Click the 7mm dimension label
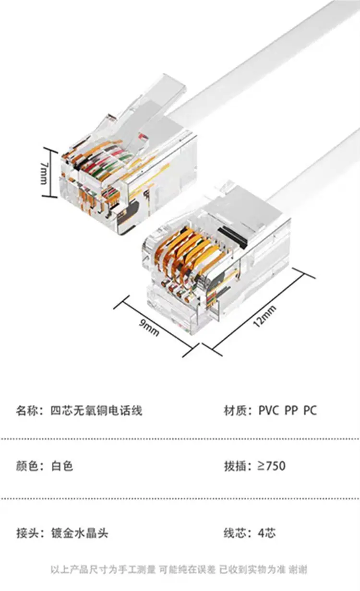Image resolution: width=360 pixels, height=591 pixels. (x=44, y=173)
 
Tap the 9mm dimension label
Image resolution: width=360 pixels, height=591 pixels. (x=149, y=328)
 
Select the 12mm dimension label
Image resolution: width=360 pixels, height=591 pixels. (x=265, y=316)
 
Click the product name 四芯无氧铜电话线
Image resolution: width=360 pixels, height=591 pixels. (x=96, y=411)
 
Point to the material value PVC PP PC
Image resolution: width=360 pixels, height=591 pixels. (x=288, y=411)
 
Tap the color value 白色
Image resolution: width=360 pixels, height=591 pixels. (x=62, y=466)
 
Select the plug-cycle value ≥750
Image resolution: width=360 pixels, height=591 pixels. (x=272, y=466)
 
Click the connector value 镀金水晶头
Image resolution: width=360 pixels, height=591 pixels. (x=80, y=533)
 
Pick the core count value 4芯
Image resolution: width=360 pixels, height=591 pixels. (x=266, y=533)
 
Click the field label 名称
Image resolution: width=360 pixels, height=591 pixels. (x=27, y=411)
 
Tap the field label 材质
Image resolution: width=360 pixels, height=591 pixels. (x=235, y=411)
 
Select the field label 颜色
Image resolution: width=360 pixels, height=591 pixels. (x=27, y=466)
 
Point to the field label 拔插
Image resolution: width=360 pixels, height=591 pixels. (x=235, y=466)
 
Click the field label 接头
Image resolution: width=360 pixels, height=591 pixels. (x=27, y=533)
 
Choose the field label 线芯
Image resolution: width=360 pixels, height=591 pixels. (x=235, y=533)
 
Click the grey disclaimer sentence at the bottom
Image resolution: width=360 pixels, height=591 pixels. (x=179, y=569)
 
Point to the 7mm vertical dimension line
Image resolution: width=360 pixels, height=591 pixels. (x=50, y=173)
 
